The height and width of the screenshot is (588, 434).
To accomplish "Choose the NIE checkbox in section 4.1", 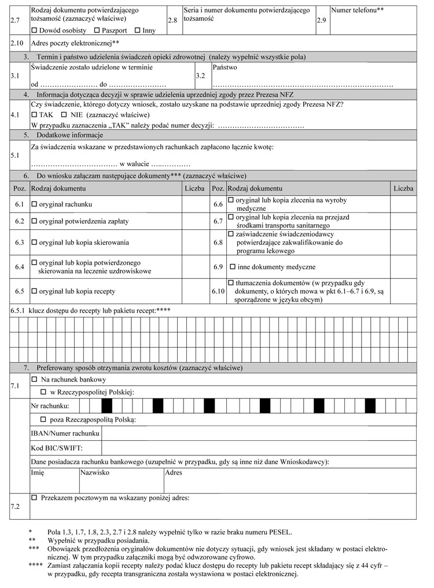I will coord(64,115).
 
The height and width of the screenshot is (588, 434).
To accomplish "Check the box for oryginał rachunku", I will coord(34,204).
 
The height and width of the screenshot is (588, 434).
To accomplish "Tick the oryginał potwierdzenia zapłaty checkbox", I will coord(34,222).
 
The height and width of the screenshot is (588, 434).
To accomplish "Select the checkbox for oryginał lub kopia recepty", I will coord(34,290).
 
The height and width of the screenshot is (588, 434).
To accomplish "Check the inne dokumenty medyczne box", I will coord(233,267).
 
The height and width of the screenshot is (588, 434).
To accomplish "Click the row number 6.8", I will coord(218,243).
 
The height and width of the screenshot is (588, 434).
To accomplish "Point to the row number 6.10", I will coord(218,290).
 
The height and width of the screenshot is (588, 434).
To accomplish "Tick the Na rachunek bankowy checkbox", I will coord(34,379).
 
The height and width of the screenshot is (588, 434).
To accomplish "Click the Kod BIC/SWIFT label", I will coord(56,448).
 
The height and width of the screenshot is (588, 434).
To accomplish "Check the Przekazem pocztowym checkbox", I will coord(34,498).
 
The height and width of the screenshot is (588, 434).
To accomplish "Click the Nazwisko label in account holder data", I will coord(95,473).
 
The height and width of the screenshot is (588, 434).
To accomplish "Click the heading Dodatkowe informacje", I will coord(70,135).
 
